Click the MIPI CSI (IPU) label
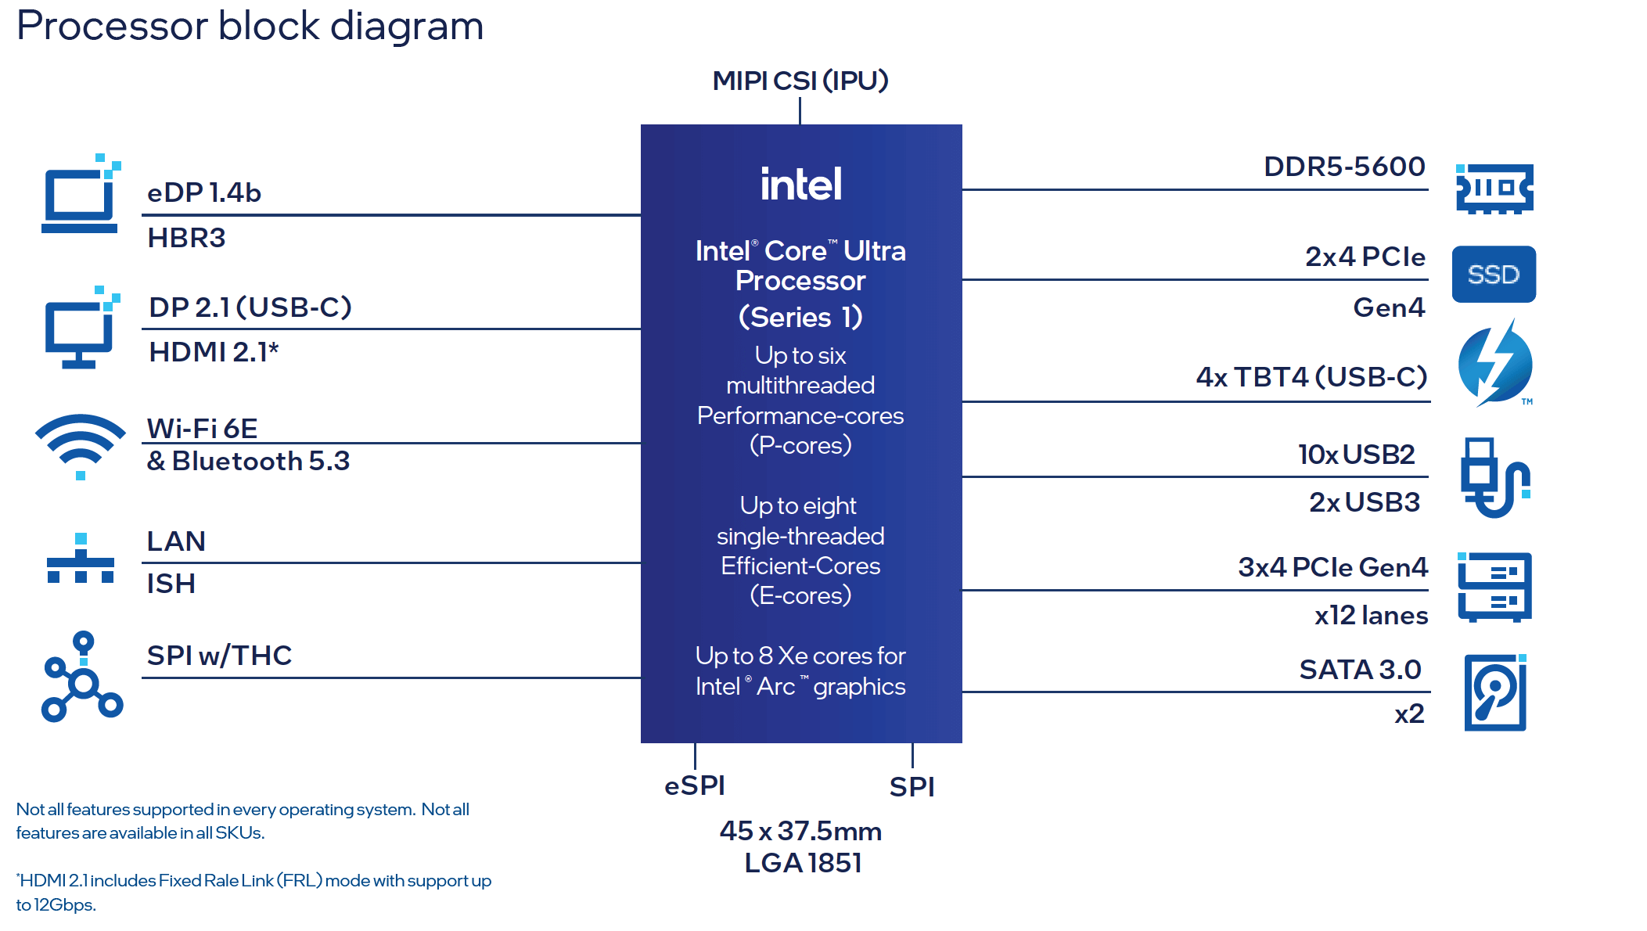[800, 81]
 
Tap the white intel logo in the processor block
[801, 185]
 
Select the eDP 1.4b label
[204, 192]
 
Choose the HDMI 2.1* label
[214, 352]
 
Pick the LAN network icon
[81, 560]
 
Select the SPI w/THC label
[219, 656]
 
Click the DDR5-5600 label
[1344, 167]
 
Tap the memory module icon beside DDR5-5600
[1494, 189]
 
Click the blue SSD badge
[1494, 275]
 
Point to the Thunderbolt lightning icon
[1495, 365]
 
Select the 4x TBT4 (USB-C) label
[1311, 377]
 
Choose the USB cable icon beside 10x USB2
[1494, 477]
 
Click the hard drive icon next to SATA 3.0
[1495, 693]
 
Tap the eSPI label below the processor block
[695, 785]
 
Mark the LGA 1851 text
[803, 863]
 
